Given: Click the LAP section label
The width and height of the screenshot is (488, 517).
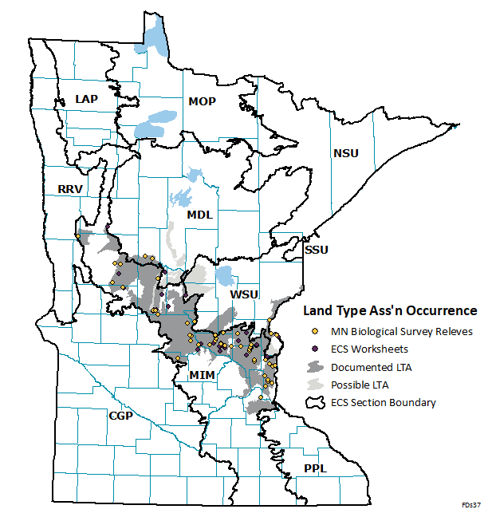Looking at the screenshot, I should tap(85, 98).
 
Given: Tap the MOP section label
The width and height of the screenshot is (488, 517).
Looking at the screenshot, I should tap(203, 101).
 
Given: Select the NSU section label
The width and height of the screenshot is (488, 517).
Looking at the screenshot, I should tap(346, 152).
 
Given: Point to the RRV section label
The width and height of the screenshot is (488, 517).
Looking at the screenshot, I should tap(70, 189).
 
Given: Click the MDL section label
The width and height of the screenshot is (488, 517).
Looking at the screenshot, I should tap(199, 215).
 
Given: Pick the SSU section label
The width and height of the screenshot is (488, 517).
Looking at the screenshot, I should tap(317, 250).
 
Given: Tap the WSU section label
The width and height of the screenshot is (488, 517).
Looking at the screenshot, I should tap(244, 295).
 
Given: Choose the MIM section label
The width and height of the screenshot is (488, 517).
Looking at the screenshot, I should tap(201, 375).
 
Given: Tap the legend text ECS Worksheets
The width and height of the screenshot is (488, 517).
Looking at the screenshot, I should tap(369, 349).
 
